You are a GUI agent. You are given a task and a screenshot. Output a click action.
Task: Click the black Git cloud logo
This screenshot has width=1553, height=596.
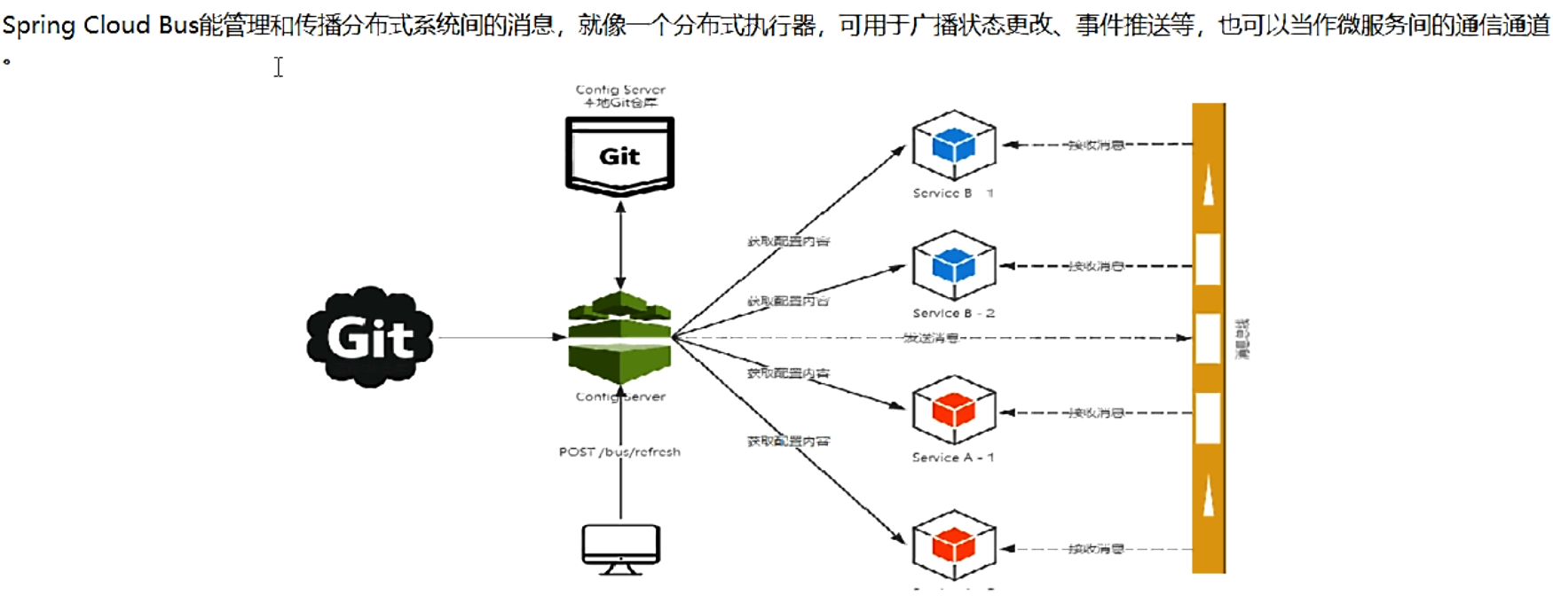click(x=370, y=337)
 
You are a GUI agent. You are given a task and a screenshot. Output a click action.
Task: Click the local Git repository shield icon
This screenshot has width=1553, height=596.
click(x=619, y=156)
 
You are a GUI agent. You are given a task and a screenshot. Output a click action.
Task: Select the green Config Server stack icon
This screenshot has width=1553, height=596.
click(x=619, y=338)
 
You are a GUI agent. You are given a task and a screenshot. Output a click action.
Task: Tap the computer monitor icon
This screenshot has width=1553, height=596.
click(x=620, y=548)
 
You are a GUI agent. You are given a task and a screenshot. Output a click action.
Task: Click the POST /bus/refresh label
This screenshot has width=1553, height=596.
click(x=619, y=451)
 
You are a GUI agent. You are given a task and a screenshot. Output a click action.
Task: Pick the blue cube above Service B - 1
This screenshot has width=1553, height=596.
click(x=954, y=145)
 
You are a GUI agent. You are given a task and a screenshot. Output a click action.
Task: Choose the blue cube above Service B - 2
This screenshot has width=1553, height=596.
click(x=954, y=266)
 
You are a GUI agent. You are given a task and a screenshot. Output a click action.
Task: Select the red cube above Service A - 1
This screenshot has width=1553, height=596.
click(x=954, y=410)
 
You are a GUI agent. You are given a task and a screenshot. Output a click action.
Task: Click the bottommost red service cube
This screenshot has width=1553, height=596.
click(x=954, y=545)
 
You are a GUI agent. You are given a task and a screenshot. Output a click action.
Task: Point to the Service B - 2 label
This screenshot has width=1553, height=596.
click(x=953, y=313)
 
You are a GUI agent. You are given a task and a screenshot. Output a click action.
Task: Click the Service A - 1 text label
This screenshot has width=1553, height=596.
click(x=953, y=458)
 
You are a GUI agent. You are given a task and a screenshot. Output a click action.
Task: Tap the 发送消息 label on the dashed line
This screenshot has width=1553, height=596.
click(x=930, y=338)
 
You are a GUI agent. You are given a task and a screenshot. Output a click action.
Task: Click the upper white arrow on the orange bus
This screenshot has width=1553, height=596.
click(x=1208, y=185)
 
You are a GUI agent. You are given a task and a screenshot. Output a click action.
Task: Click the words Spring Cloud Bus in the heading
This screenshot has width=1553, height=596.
click(x=99, y=25)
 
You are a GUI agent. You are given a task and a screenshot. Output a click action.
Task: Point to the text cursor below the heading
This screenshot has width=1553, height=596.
click(x=279, y=67)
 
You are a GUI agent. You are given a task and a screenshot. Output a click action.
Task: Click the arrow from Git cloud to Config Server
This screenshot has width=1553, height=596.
click(x=501, y=337)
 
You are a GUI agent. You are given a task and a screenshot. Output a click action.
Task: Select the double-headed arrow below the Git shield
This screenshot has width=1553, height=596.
click(x=620, y=244)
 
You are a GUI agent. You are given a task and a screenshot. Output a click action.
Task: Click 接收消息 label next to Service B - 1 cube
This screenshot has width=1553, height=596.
click(x=1095, y=145)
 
